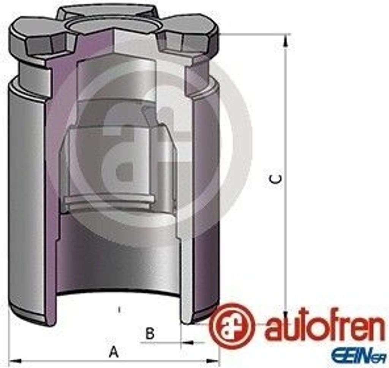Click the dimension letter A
[114, 352]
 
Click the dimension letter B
[150, 333]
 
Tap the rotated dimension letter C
[276, 179]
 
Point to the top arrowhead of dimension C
[286, 40]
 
